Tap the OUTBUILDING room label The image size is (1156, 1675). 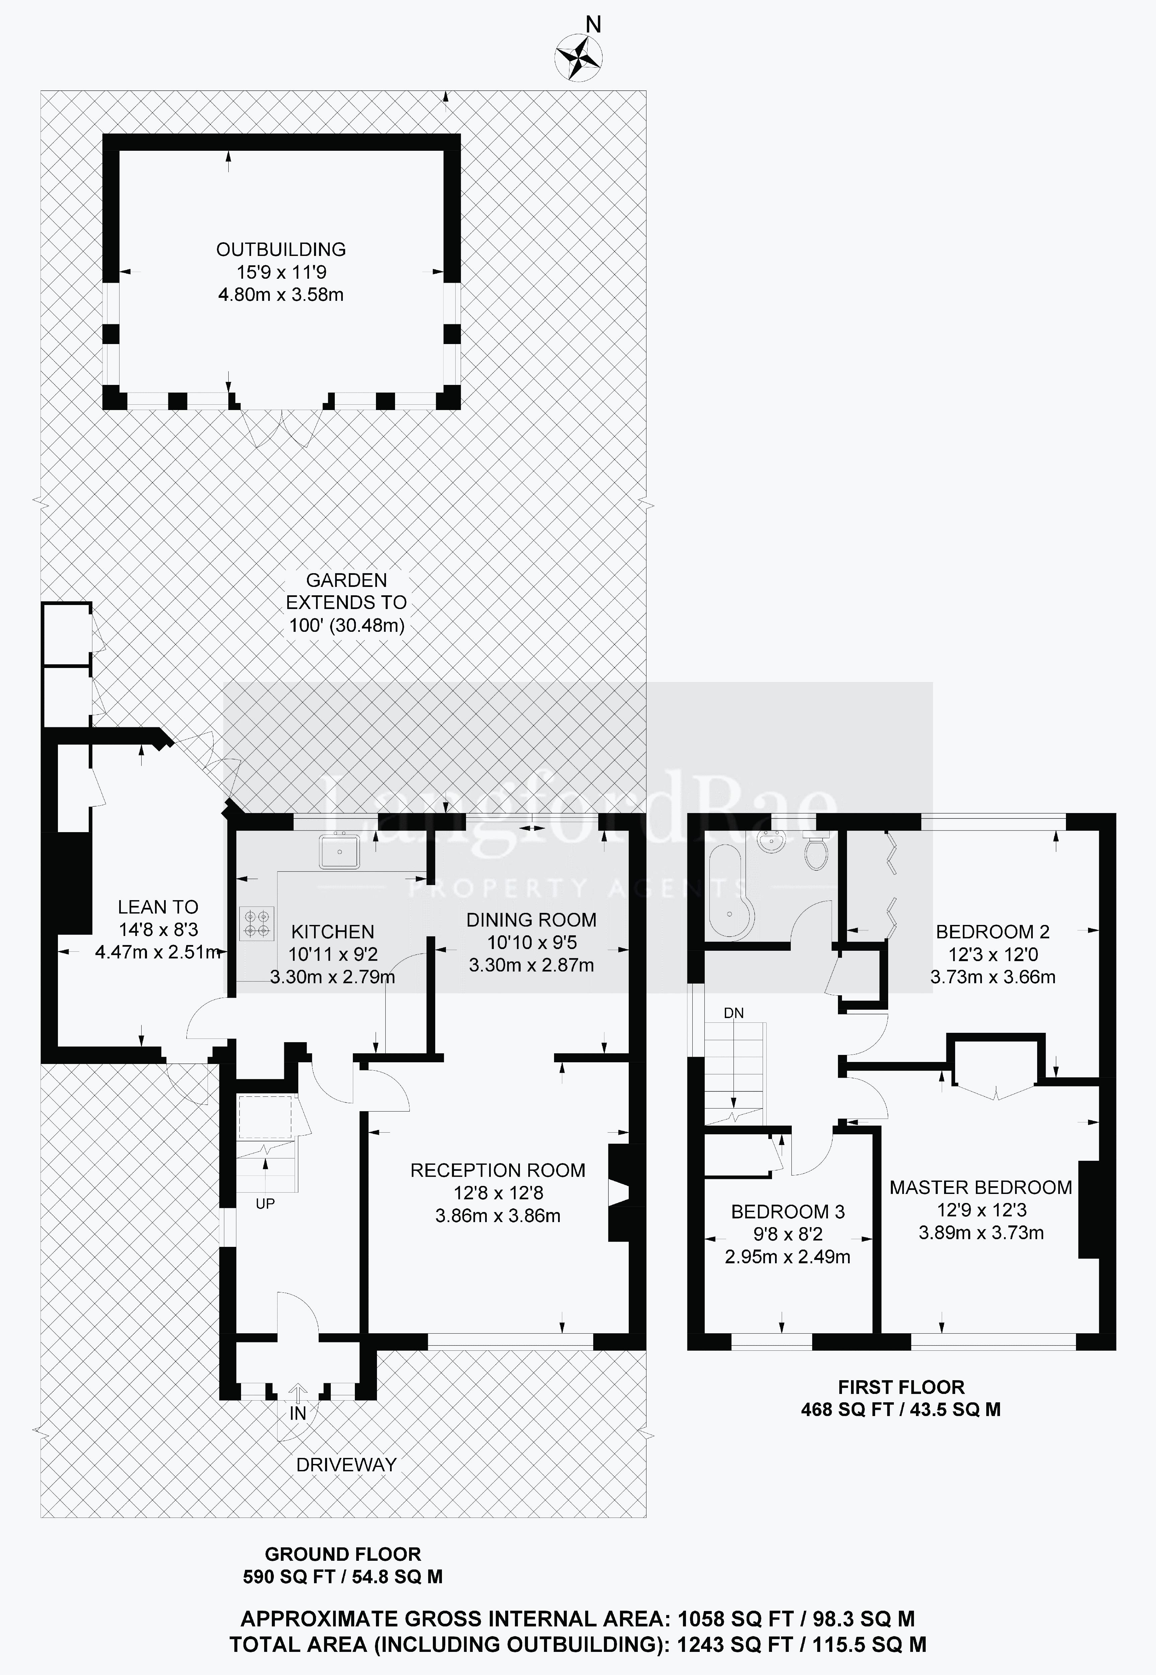tap(281, 249)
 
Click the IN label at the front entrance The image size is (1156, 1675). tap(298, 1413)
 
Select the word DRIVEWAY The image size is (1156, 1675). tap(346, 1465)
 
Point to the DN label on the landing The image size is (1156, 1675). tap(734, 1013)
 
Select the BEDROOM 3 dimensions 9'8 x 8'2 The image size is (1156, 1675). tap(787, 1233)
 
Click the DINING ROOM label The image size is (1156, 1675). tap(531, 920)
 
